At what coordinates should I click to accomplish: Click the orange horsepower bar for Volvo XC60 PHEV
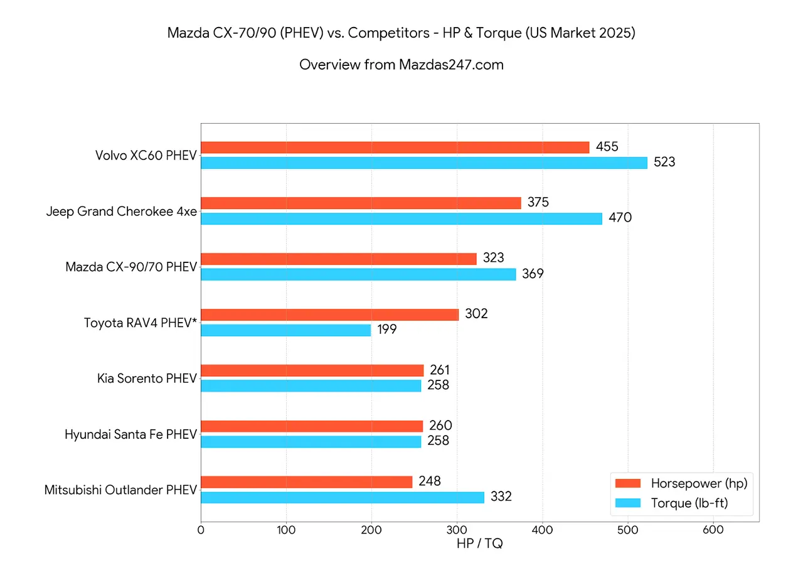pos(395,148)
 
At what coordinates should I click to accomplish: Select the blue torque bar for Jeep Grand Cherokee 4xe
pos(401,218)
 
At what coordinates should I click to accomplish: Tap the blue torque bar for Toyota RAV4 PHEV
pos(286,330)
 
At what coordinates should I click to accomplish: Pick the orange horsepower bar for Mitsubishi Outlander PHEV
pos(307,482)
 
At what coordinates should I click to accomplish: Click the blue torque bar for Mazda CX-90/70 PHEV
pos(358,274)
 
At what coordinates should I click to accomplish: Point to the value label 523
pos(664,163)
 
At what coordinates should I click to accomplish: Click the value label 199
pos(386,330)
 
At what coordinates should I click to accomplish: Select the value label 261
pos(440,370)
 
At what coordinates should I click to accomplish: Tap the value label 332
pos(501,497)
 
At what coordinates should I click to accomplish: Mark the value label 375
pos(538,203)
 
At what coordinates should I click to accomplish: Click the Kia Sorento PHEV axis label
pos(147,378)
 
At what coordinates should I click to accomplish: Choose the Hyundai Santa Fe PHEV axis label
pos(130,434)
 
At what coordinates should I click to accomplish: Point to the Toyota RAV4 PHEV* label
pos(141,323)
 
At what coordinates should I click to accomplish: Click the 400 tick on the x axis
pos(542,530)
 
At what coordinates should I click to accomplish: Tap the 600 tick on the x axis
pos(713,530)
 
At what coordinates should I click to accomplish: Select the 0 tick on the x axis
pos(201,530)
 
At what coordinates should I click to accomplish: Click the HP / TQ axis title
pos(479,544)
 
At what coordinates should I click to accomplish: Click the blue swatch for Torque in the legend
pos(628,503)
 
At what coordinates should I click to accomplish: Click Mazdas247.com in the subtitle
pos(451,64)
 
